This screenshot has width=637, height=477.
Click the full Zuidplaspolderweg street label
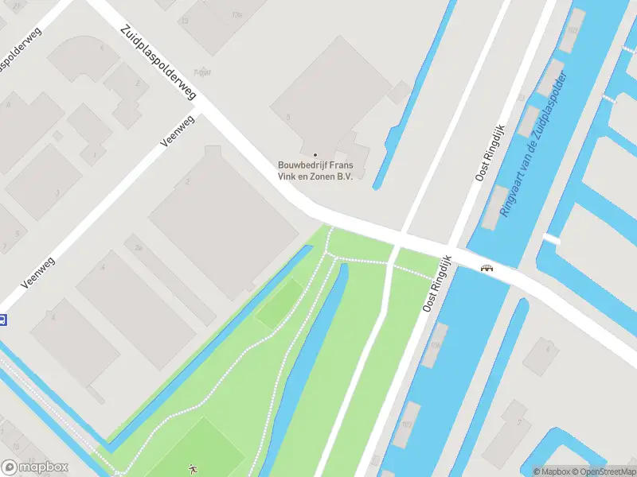(158, 62)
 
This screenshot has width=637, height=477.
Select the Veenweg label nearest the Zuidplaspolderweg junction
(177, 130)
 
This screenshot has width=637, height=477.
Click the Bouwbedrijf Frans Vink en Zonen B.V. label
(315, 170)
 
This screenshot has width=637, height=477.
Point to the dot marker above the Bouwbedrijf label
(315, 154)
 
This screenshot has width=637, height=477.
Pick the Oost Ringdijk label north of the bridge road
(490, 153)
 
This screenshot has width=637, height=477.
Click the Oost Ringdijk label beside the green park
(437, 283)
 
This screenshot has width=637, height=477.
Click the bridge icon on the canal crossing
(485, 268)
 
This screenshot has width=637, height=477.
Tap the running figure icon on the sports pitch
(192, 470)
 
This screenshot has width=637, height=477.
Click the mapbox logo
(34, 467)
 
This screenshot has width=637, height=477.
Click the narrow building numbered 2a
(139, 247)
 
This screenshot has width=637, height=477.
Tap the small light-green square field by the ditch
(280, 305)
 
